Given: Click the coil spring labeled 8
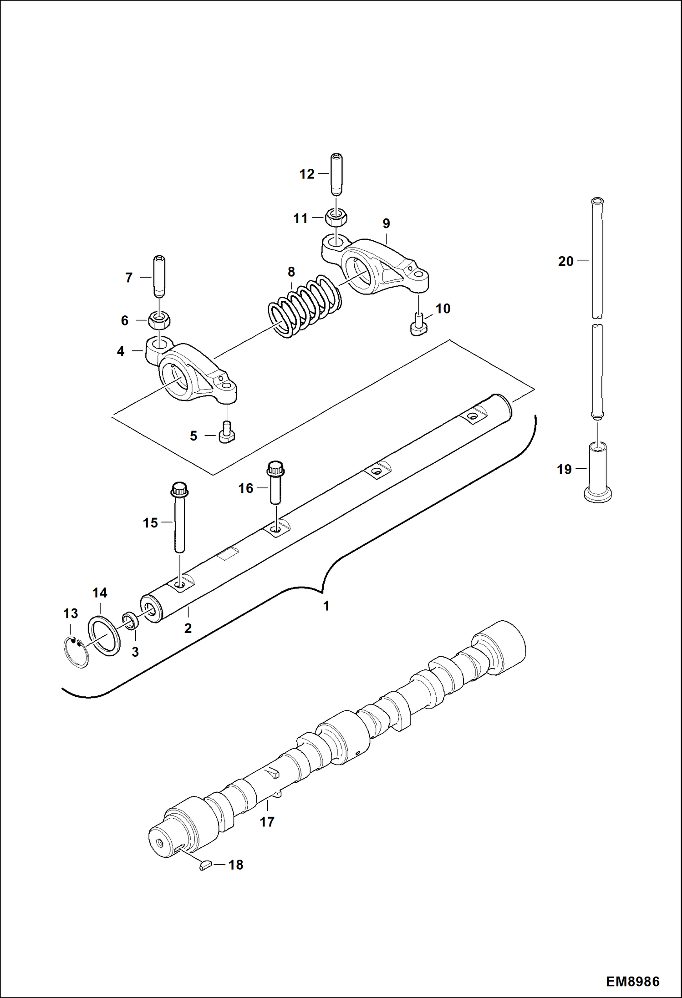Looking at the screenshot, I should tap(304, 307).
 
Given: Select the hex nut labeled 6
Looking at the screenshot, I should tap(159, 321).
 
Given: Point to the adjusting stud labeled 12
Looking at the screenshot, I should tap(336, 175).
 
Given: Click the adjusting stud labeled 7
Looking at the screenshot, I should tap(159, 276).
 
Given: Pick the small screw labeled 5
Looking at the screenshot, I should tap(226, 433).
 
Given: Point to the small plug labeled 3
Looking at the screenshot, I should tap(131, 621).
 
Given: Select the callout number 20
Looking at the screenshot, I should tap(566, 261).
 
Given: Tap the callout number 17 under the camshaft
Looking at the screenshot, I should tap(267, 822).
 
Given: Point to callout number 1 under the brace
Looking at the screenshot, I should tap(326, 606).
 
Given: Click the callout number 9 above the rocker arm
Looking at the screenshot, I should tap(386, 224).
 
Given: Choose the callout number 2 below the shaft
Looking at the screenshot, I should tap(188, 628).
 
